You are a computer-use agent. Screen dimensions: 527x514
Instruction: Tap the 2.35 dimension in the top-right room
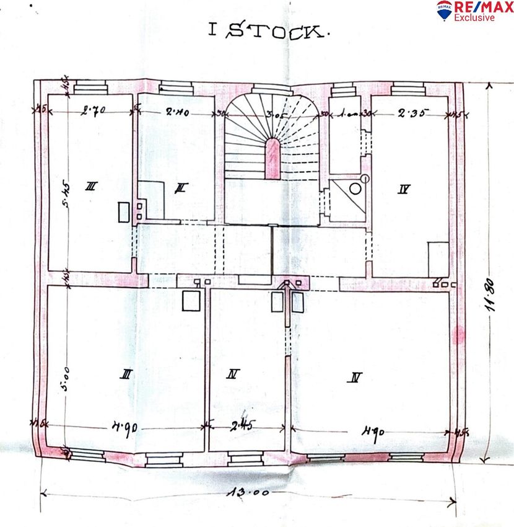click(x=409, y=113)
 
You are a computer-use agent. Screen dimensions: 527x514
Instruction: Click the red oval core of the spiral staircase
click(x=272, y=158)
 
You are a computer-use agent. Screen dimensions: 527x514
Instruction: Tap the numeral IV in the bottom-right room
click(x=355, y=376)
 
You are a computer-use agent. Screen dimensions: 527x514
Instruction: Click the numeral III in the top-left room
click(x=90, y=185)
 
